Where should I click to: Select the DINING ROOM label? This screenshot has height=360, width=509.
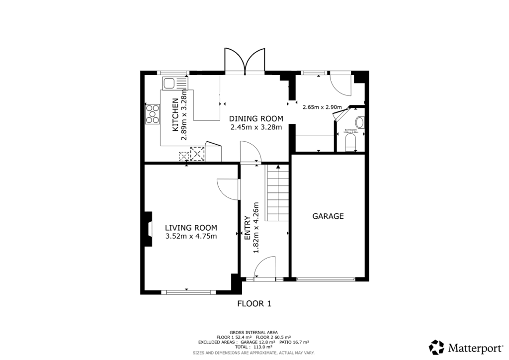point(256,118)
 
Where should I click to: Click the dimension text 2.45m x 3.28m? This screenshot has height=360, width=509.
point(256,127)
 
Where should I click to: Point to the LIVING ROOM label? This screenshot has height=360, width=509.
point(191,227)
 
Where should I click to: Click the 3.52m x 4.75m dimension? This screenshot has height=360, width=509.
point(191,236)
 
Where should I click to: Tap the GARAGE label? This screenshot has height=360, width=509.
point(328,216)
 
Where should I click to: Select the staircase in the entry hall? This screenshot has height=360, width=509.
point(277,194)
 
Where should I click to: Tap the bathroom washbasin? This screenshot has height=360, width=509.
point(360,121)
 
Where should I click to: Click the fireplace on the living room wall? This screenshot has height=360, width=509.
point(148,229)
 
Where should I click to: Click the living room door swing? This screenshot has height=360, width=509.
point(228,188)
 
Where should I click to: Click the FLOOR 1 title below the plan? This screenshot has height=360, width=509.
point(254,303)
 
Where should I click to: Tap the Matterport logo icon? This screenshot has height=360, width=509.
point(437,347)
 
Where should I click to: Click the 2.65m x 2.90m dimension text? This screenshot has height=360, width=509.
point(323,107)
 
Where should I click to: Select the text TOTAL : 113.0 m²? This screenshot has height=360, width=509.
point(254,347)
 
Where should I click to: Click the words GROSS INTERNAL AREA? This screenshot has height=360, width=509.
point(254,332)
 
